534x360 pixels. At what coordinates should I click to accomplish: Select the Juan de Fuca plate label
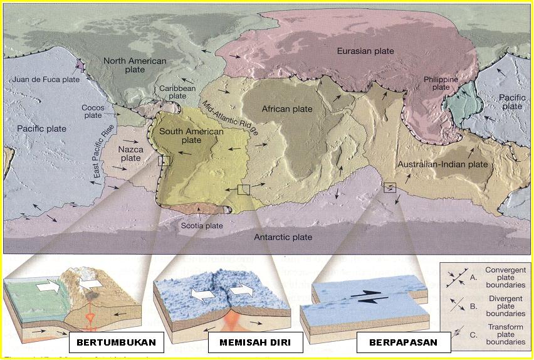pyautogui.click(x=46, y=80)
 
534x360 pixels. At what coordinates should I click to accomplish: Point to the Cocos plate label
pyautogui.click(x=93, y=111)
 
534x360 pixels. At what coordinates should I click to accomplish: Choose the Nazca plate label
pyautogui.click(x=131, y=154)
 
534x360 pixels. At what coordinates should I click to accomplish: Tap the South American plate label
pyautogui.click(x=184, y=136)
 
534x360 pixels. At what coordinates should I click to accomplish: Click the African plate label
pyautogui.click(x=286, y=109)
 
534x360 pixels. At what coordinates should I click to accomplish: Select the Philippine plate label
pyautogui.click(x=441, y=83)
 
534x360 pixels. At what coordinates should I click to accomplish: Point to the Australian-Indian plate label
pyautogui.click(x=442, y=164)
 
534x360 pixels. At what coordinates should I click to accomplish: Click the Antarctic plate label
pyautogui.click(x=283, y=237)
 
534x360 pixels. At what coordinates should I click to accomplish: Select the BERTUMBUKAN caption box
pyautogui.click(x=116, y=342)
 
